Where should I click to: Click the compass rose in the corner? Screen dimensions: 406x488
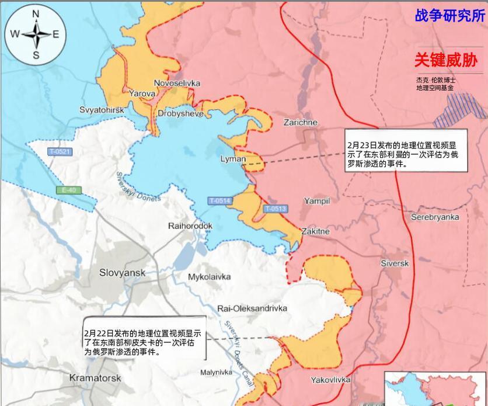coord(35,34)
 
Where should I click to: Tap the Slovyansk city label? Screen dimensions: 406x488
coord(122,272)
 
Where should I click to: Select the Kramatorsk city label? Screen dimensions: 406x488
coord(95,377)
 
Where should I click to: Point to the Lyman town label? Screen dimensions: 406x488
coord(233,159)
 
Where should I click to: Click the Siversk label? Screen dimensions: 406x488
coord(395,263)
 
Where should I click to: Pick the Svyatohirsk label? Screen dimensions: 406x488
coord(102,110)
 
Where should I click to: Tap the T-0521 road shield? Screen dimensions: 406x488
coord(60,152)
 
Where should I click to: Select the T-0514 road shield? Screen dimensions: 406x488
coord(219,201)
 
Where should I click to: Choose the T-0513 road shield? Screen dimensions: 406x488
coord(275,209)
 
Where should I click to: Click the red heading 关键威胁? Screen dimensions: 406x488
coord(445,60)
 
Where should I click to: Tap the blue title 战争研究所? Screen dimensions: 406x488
coord(449,15)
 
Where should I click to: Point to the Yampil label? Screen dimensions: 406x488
coord(316,201)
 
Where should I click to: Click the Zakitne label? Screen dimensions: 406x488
coord(315,231)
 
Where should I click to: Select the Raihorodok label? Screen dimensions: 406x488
coord(190,225)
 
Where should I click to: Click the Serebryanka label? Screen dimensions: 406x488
coord(434,217)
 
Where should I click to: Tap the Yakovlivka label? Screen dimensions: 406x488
coord(330,380)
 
